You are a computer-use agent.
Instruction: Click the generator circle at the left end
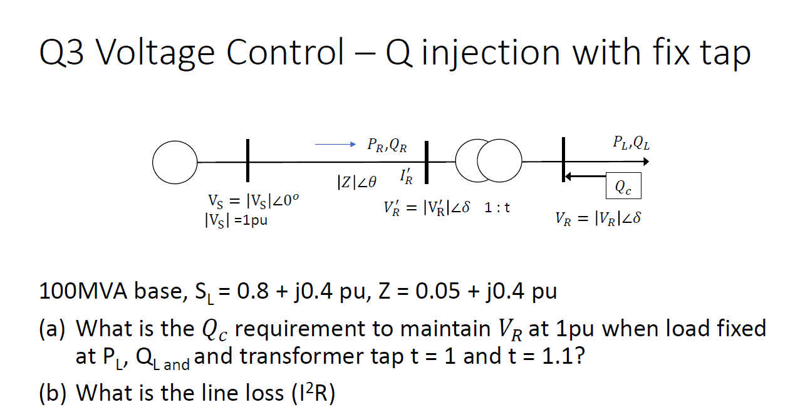click(175, 162)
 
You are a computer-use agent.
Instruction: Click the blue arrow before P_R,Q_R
click(335, 145)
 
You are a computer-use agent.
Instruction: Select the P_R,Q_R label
click(387, 146)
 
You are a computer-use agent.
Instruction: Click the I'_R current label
click(405, 177)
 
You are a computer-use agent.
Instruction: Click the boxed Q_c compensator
click(623, 185)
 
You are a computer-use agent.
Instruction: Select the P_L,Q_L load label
click(631, 143)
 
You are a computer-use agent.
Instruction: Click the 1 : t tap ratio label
click(497, 207)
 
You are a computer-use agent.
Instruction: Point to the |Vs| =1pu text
click(235, 220)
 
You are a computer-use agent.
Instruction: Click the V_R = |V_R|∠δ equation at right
click(598, 219)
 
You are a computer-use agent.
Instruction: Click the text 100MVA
click(79, 292)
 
